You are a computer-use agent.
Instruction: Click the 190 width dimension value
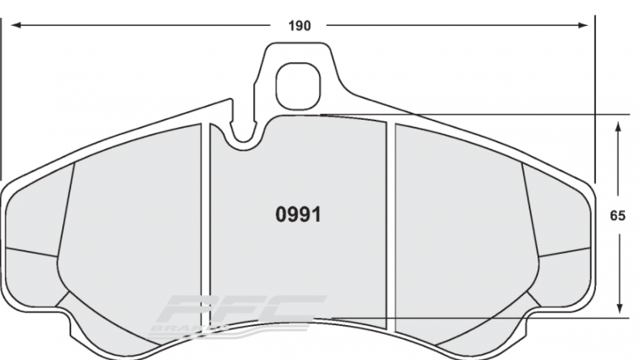300,25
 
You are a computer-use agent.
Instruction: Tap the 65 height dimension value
617,216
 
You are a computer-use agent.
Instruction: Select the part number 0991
299,216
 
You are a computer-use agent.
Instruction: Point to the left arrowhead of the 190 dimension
14,25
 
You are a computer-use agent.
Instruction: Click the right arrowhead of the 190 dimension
587,25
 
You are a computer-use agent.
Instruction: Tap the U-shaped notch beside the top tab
242,136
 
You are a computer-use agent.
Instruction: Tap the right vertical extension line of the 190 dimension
595,97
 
